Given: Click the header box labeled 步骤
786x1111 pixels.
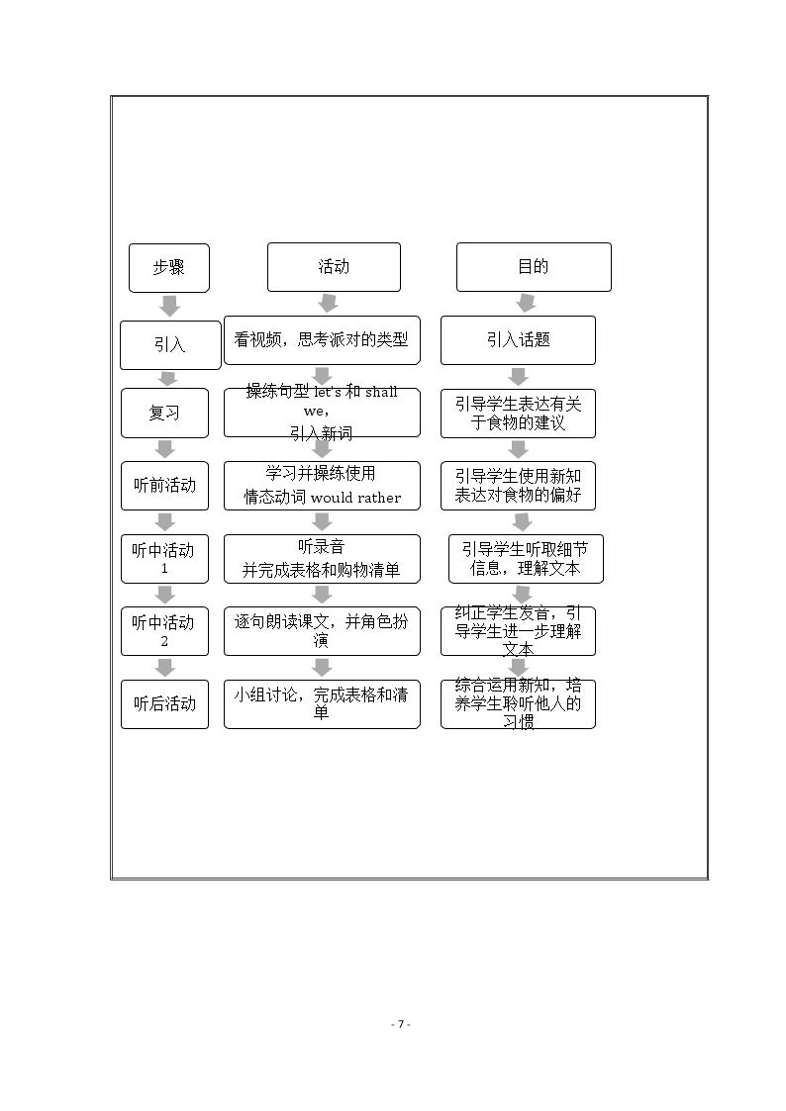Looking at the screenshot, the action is click(x=168, y=268).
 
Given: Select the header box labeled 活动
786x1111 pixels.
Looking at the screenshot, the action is click(x=334, y=267).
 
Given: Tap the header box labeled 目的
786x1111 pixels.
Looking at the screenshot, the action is click(x=534, y=267).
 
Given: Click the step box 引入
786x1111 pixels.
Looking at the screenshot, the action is click(x=170, y=345).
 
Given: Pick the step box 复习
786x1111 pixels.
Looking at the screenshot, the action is click(x=164, y=414).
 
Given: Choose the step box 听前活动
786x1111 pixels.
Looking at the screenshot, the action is click(x=164, y=486).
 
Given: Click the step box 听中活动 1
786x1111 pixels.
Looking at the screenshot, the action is click(x=164, y=559).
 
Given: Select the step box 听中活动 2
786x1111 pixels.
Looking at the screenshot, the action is click(x=164, y=631).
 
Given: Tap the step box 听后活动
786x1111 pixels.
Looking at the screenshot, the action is click(x=164, y=704).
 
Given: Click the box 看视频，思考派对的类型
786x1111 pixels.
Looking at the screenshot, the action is click(x=322, y=340).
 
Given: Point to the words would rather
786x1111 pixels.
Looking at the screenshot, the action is click(x=355, y=498).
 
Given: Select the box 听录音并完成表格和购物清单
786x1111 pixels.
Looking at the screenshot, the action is click(x=322, y=559).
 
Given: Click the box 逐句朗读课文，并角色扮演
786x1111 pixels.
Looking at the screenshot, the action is click(x=322, y=631).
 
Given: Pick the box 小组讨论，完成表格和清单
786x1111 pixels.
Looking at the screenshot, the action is click(x=322, y=704).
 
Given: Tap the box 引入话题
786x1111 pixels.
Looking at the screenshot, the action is click(x=518, y=340).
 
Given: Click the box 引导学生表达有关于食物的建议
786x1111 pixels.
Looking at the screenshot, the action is click(x=518, y=414).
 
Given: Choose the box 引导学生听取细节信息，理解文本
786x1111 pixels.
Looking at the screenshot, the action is click(x=526, y=559).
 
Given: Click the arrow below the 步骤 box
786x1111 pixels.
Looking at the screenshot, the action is click(x=169, y=306).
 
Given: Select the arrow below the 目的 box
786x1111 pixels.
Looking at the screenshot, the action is click(x=526, y=304).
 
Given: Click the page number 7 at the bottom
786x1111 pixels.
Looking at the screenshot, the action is click(x=401, y=1024).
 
